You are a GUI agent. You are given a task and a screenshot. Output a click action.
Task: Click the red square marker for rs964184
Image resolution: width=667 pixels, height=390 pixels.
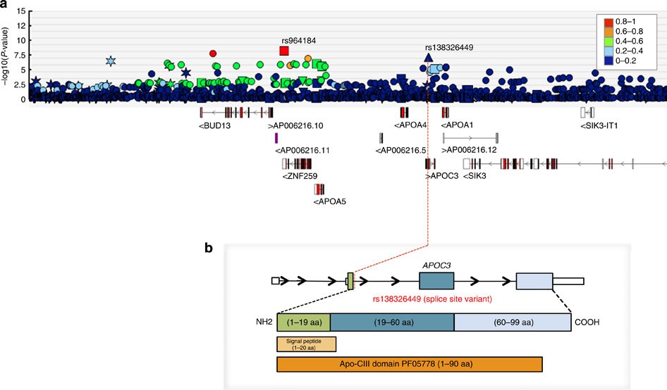(284, 51)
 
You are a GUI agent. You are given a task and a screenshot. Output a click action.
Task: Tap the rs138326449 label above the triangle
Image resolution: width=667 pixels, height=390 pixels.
(448, 48)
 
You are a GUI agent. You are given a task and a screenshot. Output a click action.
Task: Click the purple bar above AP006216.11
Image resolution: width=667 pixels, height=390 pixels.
(276, 138)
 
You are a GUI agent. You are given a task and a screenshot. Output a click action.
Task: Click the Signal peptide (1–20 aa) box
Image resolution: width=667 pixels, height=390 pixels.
(307, 344)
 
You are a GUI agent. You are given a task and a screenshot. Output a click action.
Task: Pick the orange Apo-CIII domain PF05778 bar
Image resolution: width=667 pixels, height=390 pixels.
(410, 364)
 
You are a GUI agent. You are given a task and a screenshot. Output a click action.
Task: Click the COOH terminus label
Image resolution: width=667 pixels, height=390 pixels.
(588, 322)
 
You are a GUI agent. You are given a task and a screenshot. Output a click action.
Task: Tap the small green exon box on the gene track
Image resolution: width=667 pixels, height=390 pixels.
(350, 282)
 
